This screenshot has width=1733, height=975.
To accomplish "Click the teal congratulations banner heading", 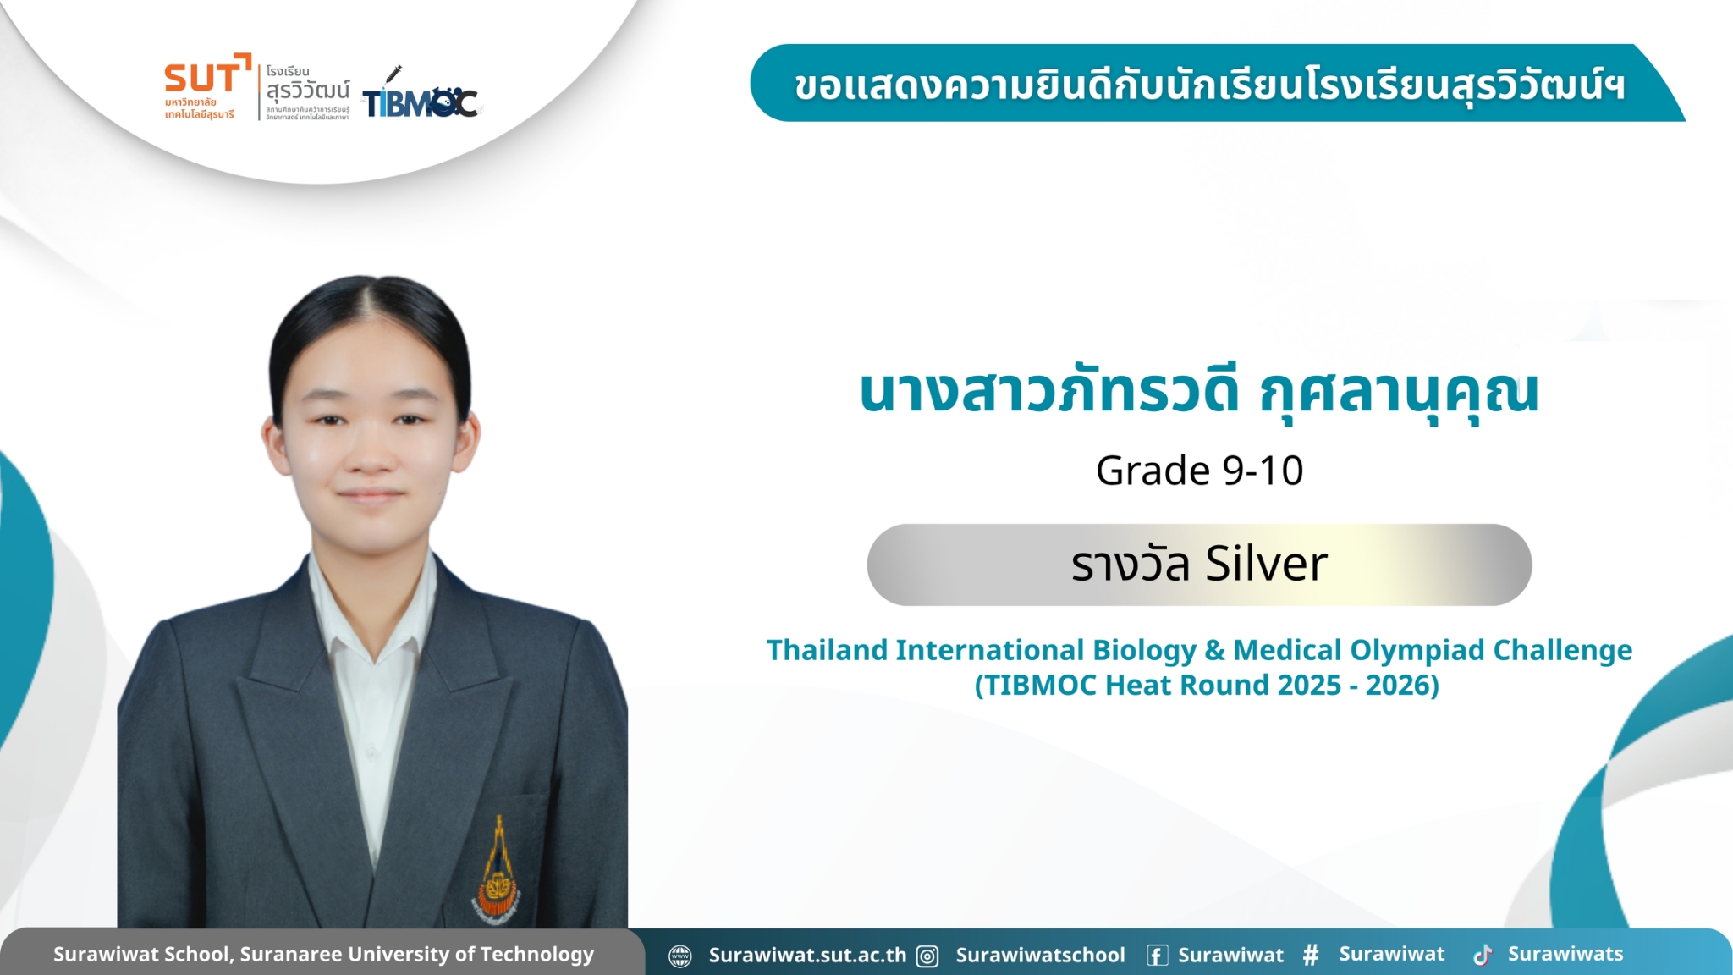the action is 1210,85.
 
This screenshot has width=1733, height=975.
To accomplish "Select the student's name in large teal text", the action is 1198,393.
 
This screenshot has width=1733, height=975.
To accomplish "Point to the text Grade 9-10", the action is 1199,471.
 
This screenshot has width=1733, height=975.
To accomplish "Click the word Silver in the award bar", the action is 1266,564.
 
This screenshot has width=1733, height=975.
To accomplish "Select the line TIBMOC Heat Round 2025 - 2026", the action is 1207,685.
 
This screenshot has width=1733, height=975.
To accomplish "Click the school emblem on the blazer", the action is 498,872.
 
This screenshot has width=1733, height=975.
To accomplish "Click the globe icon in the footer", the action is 679,956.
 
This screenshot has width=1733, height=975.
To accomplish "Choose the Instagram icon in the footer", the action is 927,956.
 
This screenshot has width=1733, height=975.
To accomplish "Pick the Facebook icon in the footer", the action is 1157,956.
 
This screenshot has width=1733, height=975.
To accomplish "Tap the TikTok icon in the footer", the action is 1483,956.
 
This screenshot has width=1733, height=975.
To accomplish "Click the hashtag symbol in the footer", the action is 1311,955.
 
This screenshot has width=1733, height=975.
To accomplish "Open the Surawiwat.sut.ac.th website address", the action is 807,956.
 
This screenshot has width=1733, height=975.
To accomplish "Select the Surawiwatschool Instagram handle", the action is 1040,956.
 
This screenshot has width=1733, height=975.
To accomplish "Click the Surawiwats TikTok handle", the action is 1565,954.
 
